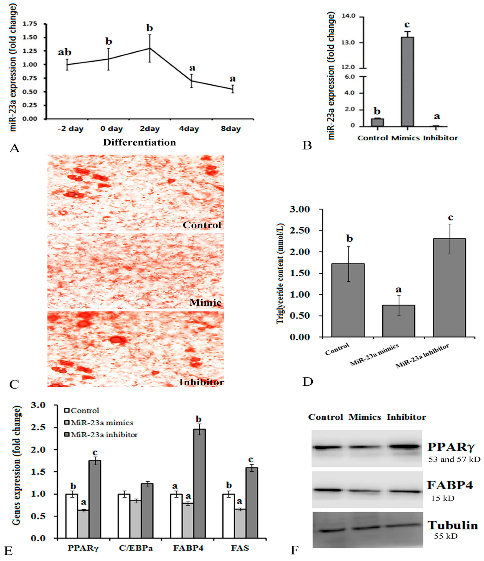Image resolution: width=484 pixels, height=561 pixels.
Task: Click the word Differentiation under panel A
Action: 140,142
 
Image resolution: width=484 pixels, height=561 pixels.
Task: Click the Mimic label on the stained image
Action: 205,302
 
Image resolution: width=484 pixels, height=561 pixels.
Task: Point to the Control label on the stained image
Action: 202,225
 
